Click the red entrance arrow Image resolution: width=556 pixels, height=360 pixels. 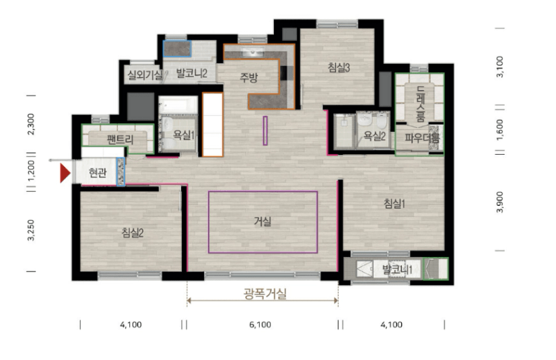(65, 173)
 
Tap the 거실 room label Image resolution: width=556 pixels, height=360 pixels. (263, 221)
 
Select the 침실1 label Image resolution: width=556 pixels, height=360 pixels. (394, 204)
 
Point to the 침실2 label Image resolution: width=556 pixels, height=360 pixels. (132, 233)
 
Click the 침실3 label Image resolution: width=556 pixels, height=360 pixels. (339, 68)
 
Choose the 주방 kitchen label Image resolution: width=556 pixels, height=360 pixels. (248, 77)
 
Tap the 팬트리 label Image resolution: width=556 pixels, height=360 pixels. (120, 139)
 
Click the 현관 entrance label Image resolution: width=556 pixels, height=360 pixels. (98, 173)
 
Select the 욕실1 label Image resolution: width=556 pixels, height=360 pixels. (184, 135)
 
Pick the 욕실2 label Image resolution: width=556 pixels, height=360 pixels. (374, 136)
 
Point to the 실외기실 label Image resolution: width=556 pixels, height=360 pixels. (145, 75)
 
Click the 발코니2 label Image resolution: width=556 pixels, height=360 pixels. (191, 73)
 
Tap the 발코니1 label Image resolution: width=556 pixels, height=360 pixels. (397, 270)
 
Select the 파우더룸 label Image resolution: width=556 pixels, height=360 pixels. (422, 138)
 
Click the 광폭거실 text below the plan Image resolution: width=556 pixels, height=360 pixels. (265, 293)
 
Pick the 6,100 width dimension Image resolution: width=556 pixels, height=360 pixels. (260, 324)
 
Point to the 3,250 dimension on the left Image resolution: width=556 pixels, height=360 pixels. (31, 230)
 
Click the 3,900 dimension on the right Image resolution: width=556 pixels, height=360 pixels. (499, 202)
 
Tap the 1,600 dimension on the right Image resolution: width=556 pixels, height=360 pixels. (499, 130)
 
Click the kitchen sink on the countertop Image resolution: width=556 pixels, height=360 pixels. (252, 52)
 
